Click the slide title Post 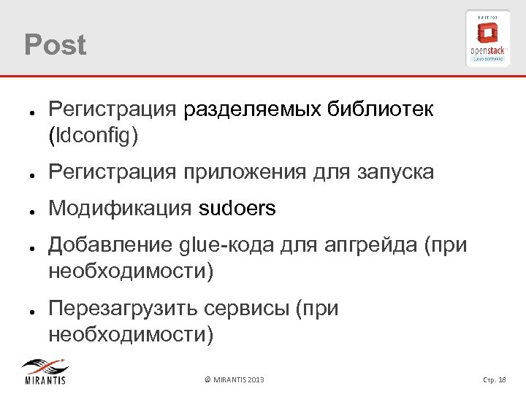click(55, 45)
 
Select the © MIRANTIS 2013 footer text click(235, 380)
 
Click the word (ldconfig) click(93, 135)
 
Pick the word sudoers click(237, 209)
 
